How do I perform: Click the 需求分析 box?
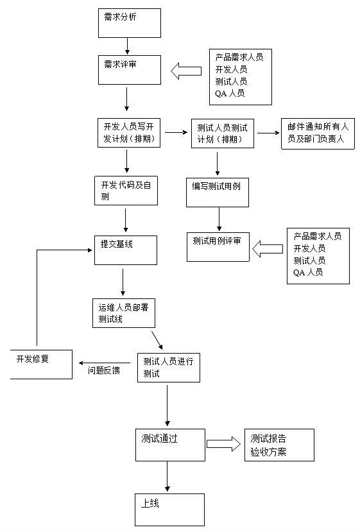pyautogui.click(x=129, y=23)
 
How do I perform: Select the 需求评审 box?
pyautogui.click(x=129, y=70)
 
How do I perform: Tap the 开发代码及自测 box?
pyautogui.click(x=126, y=191)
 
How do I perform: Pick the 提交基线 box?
pyautogui.click(x=126, y=250)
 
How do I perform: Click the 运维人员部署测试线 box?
pyautogui.click(x=123, y=313)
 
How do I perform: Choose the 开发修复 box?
pyautogui.click(x=42, y=365)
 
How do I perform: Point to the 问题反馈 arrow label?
pyautogui.click(x=103, y=370)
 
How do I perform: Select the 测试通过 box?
pyautogui.click(x=170, y=445)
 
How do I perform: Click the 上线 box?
pyautogui.click(x=169, y=510)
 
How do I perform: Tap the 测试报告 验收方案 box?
pyautogui.click(x=279, y=445)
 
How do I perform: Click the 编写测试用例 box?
pyautogui.click(x=217, y=193)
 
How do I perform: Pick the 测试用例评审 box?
pyautogui.click(x=218, y=246)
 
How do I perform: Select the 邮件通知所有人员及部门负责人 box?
pyautogui.click(x=318, y=133)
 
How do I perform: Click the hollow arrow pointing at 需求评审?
pyautogui.click(x=186, y=71)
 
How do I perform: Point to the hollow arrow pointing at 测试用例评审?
pyautogui.click(x=268, y=249)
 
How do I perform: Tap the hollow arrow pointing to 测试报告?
pyautogui.click(x=223, y=444)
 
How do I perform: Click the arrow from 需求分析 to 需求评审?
pyautogui.click(x=127, y=46)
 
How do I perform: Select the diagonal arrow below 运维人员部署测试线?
pyautogui.click(x=157, y=340)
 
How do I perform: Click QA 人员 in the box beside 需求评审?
pyautogui.click(x=230, y=93)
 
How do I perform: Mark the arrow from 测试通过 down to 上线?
pyautogui.click(x=167, y=476)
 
